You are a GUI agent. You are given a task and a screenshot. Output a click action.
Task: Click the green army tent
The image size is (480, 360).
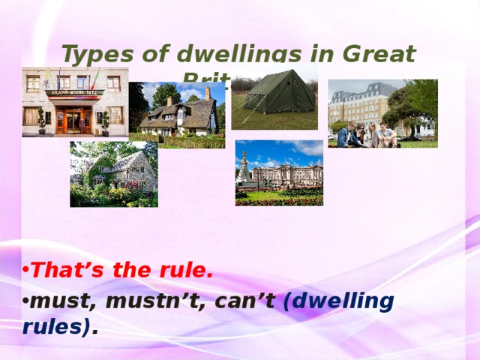[x=279, y=94]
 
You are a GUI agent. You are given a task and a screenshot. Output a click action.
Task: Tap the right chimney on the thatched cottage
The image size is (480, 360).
[x=208, y=93]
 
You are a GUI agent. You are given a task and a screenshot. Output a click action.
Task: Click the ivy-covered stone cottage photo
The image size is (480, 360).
[x=113, y=174]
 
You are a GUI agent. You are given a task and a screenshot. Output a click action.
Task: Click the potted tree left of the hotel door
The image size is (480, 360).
[x=41, y=120]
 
